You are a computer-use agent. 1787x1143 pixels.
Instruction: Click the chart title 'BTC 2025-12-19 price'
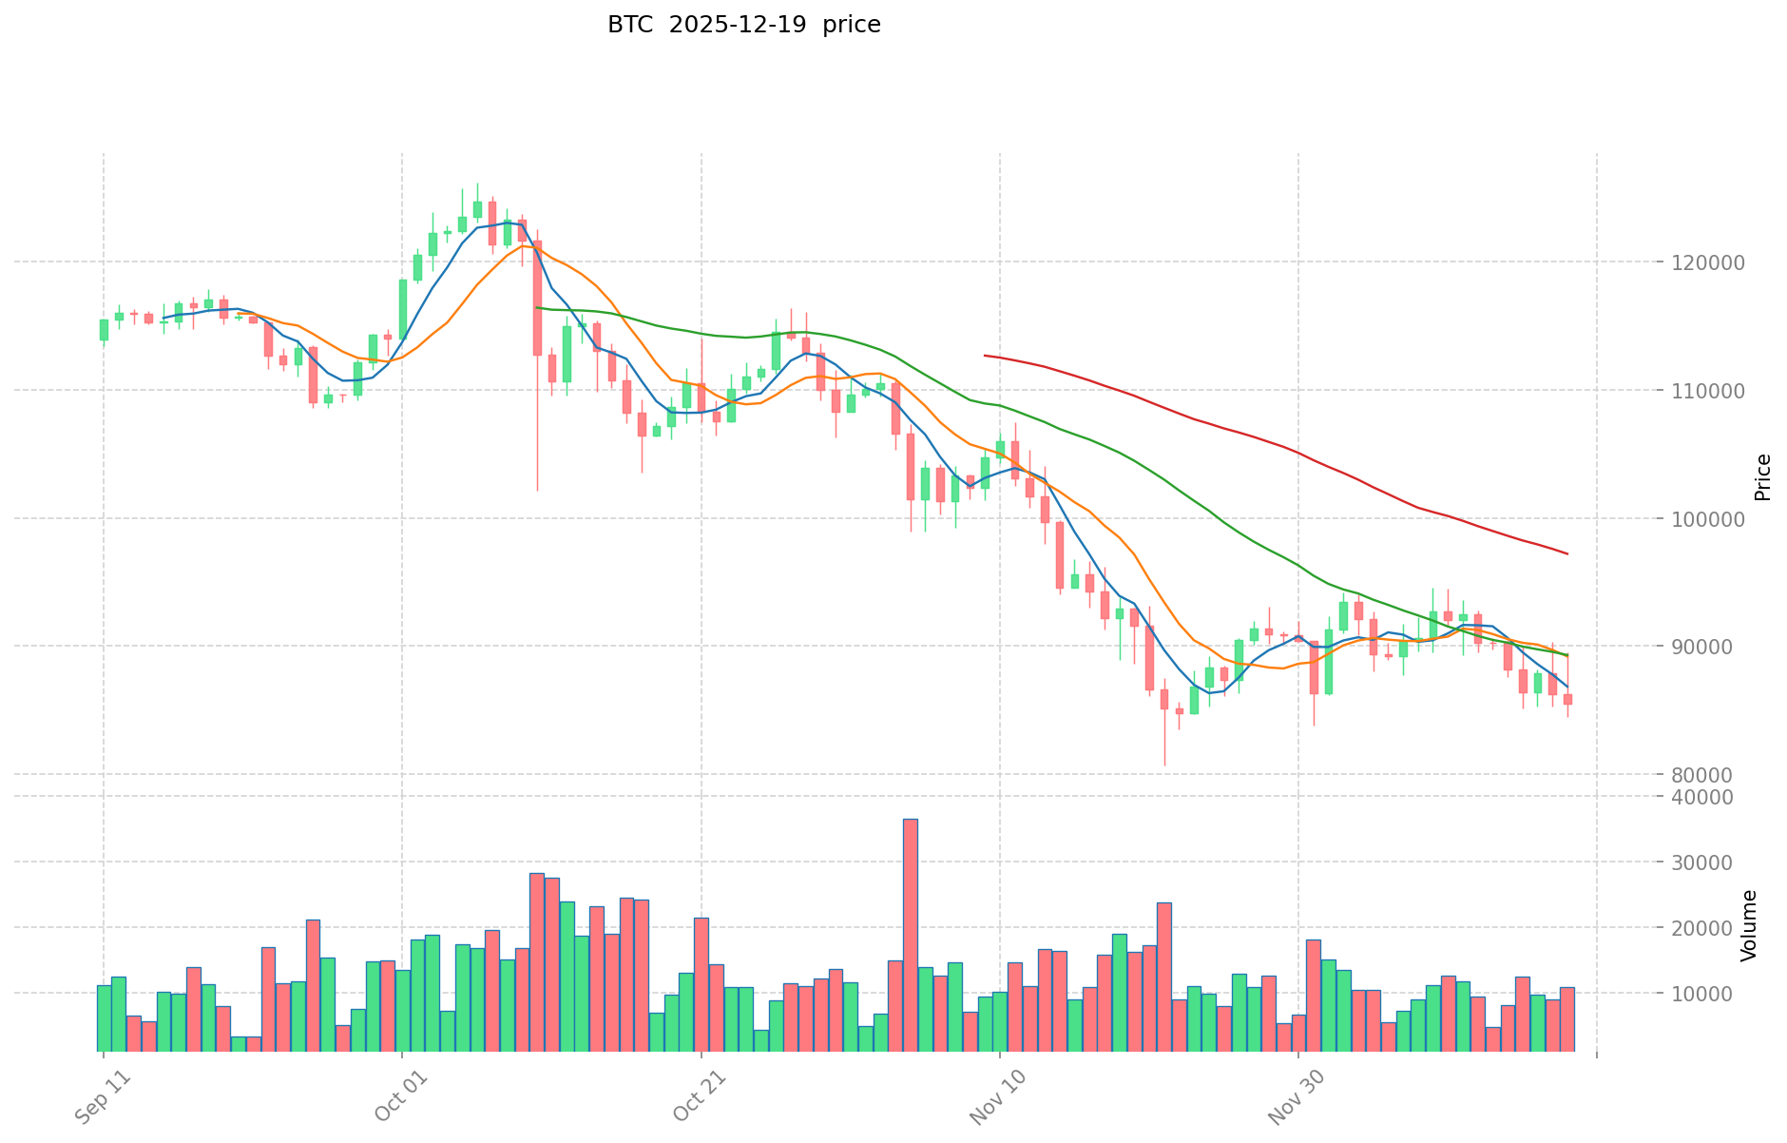[743, 25]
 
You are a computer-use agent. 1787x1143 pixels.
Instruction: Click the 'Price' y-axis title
[1762, 476]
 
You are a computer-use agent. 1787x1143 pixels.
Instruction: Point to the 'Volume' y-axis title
[1748, 925]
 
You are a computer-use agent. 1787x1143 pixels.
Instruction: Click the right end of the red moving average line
[1567, 553]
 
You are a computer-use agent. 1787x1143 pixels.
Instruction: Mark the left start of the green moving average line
[537, 307]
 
